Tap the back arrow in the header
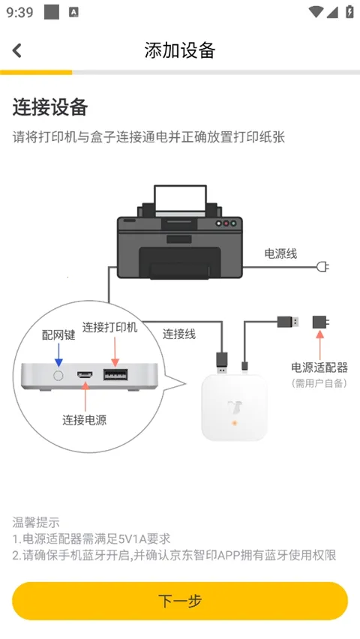(17, 50)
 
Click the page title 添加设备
(180, 50)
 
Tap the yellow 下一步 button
(180, 601)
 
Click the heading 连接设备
(50, 107)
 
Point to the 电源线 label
(280, 253)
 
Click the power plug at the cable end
(323, 266)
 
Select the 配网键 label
(58, 335)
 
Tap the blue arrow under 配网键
(58, 354)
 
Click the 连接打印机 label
(110, 328)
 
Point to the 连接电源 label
(84, 419)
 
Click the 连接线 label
(179, 334)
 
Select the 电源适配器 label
(319, 367)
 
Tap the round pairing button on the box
(58, 373)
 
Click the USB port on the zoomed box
(115, 373)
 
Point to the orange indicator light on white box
(234, 424)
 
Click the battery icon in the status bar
(349, 12)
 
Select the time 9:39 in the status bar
(19, 12)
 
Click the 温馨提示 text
(36, 522)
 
